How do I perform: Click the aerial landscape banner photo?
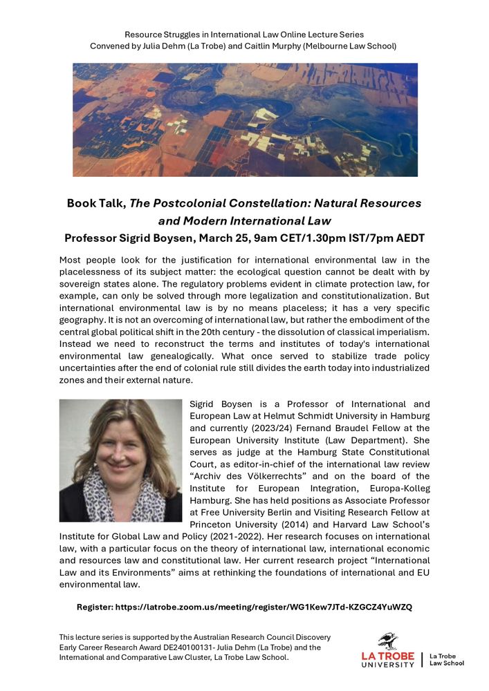pyautogui.click(x=245, y=120)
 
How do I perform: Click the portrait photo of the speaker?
pyautogui.click(x=120, y=460)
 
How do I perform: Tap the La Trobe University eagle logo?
pyautogui.click(x=388, y=641)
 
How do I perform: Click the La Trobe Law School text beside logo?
pyautogui.click(x=446, y=659)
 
